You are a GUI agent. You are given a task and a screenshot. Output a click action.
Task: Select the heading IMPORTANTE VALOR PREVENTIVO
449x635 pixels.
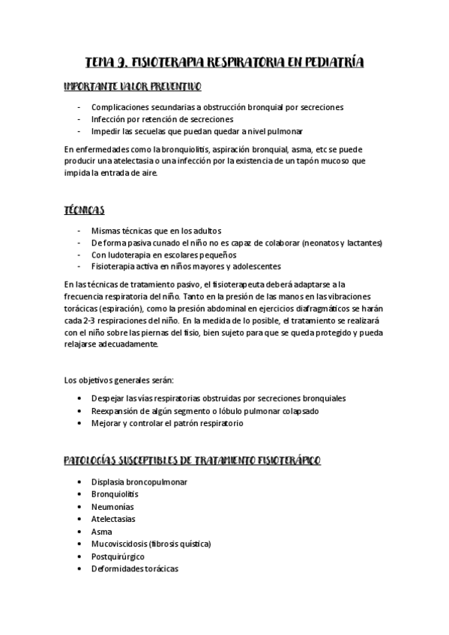point(132,88)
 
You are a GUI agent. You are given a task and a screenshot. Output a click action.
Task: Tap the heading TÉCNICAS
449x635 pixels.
point(85,210)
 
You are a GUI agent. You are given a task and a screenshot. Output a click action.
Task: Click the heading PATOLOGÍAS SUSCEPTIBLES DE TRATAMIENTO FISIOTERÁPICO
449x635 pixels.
point(193,461)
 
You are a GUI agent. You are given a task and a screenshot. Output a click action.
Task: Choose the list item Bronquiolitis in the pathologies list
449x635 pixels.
point(114,494)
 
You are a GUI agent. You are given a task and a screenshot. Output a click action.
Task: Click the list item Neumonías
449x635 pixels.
point(112,507)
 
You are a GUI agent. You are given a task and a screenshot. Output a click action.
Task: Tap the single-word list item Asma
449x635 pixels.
point(101,531)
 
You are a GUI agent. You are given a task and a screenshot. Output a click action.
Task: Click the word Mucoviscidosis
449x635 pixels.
point(118,543)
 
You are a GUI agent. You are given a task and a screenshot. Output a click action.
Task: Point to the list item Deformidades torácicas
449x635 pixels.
point(134,568)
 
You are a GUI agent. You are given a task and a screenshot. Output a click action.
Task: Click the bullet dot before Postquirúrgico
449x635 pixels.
point(79,556)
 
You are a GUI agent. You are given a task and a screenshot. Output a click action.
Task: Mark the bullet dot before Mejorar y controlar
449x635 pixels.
point(79,423)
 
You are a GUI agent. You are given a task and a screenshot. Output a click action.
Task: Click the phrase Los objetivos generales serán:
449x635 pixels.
point(119,380)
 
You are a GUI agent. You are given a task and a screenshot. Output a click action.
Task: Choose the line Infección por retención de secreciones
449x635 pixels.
point(162,119)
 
